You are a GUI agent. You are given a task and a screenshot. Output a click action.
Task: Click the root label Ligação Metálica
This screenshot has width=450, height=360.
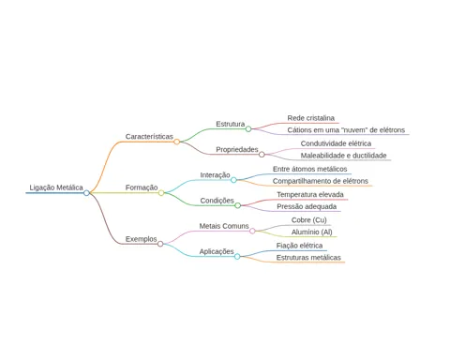(56, 187)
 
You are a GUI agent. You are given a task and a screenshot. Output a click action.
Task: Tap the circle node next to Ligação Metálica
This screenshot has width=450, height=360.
(86, 193)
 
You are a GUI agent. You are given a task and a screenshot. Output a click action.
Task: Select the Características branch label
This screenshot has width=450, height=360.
(149, 137)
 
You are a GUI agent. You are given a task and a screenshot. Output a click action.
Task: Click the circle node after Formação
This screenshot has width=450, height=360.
(161, 193)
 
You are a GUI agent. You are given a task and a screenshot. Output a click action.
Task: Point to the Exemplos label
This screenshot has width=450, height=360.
(142, 239)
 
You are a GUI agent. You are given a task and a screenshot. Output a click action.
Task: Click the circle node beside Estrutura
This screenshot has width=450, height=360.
(248, 128)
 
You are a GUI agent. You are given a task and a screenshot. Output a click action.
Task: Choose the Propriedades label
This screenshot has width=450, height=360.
(237, 150)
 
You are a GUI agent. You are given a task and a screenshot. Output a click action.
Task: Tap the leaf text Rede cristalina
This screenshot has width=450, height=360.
(311, 118)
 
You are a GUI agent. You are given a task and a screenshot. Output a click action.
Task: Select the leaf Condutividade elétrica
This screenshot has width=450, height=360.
(336, 143)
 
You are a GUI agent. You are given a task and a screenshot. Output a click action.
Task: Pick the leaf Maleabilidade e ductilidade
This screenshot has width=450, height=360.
(343, 156)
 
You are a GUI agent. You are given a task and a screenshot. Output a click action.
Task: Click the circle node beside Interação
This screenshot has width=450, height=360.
(233, 180)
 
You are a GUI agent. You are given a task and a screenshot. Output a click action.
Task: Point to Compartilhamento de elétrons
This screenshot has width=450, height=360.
(321, 181)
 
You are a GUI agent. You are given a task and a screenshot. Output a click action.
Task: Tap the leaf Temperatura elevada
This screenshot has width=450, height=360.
(310, 194)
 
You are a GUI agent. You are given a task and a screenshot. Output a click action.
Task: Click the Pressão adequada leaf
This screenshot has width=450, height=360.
(307, 206)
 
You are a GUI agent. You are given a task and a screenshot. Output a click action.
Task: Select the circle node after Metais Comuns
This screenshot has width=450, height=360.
(252, 231)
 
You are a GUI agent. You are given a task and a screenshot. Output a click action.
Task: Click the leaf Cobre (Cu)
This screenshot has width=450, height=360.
(309, 220)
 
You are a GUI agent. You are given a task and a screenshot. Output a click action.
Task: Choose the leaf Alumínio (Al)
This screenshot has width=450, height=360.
(312, 232)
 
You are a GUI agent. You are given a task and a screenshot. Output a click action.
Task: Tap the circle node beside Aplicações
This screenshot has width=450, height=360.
(237, 257)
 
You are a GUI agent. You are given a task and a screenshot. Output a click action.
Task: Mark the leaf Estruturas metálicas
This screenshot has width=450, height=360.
(308, 258)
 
